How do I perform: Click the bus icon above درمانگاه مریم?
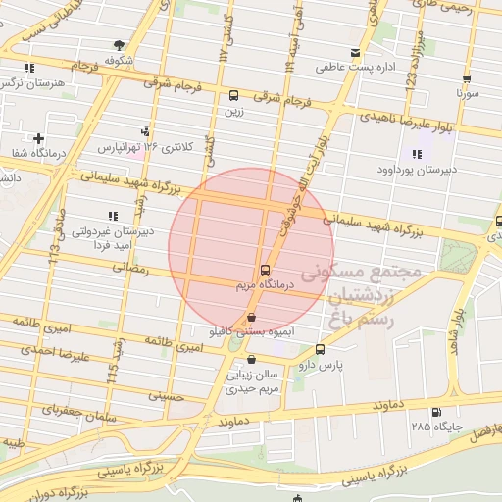(x=265, y=270)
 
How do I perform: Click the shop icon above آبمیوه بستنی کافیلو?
(x=254, y=318)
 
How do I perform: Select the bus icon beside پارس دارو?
(x=321, y=349)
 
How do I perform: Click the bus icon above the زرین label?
(x=233, y=96)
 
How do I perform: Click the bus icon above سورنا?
(x=467, y=80)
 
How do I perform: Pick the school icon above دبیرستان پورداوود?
(x=417, y=153)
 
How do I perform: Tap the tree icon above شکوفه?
(x=120, y=44)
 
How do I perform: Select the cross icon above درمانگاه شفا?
(x=38, y=138)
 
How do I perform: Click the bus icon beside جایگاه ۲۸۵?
(x=435, y=412)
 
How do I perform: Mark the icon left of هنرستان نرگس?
(x=30, y=68)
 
